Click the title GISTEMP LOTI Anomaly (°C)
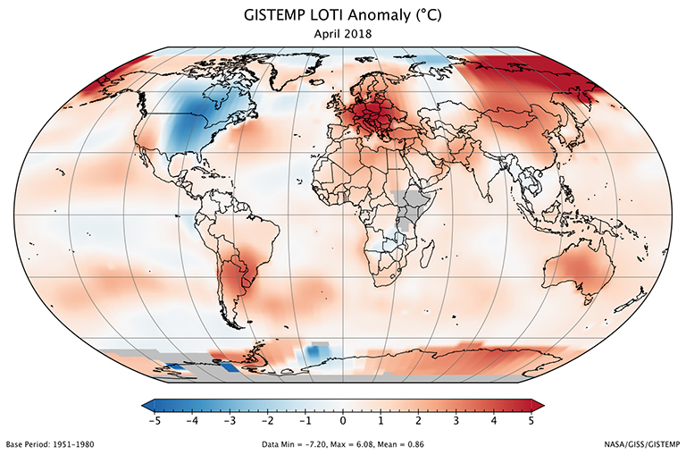point(343,15)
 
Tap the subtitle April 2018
point(343,33)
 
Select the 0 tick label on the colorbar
point(343,420)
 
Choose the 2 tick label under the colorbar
point(419,420)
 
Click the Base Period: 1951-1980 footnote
point(50,444)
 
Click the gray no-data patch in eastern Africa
point(409,207)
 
